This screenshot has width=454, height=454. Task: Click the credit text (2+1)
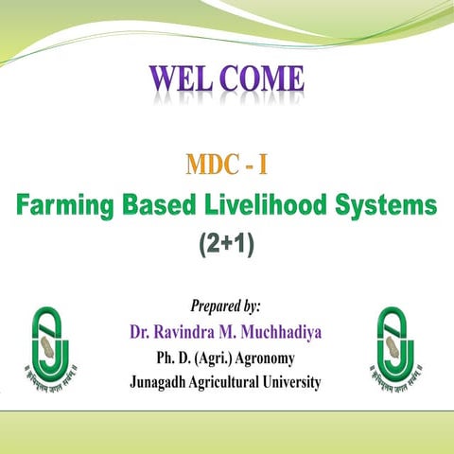227,242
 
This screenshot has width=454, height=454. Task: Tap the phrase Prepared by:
226,307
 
